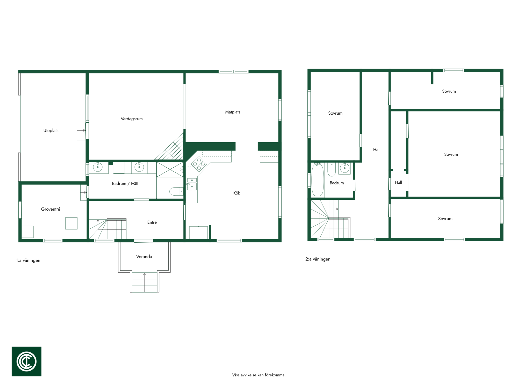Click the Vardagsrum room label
click(x=132, y=119)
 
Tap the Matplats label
click(x=233, y=112)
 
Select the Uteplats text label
click(x=51, y=131)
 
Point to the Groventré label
click(x=51, y=209)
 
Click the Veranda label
click(x=144, y=257)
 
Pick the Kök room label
click(x=236, y=193)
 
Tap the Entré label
click(x=152, y=222)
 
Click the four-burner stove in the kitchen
click(x=199, y=164)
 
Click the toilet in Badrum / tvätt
click(x=176, y=191)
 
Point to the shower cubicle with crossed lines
click(x=170, y=169)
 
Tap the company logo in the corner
click(x=26, y=361)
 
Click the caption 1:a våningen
click(x=28, y=260)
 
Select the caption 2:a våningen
click(x=318, y=259)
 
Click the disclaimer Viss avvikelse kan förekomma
click(x=259, y=375)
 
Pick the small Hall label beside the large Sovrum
click(x=398, y=182)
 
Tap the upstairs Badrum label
click(x=337, y=183)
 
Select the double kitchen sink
click(x=192, y=184)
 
